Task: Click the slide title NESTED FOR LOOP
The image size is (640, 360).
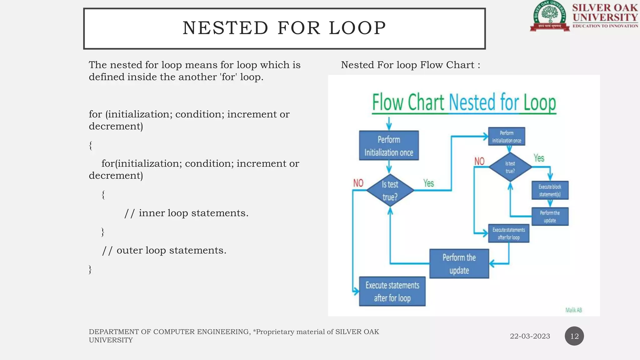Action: pyautogui.click(x=284, y=28)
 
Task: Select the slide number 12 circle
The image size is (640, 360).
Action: pyautogui.click(x=574, y=336)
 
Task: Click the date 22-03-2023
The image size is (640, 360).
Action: pyautogui.click(x=530, y=336)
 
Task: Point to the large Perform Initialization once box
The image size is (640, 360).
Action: pyautogui.click(x=389, y=146)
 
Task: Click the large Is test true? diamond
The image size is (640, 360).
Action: pyautogui.click(x=390, y=190)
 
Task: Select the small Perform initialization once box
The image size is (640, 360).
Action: pyautogui.click(x=507, y=137)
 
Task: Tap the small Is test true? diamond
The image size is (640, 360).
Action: pyautogui.click(x=510, y=167)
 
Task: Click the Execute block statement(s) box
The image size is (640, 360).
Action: pyautogui.click(x=550, y=190)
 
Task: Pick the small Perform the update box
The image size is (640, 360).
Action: pyautogui.click(x=550, y=217)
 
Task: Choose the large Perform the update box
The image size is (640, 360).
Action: pyautogui.click(x=459, y=264)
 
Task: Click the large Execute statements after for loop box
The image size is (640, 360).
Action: pyautogui.click(x=392, y=291)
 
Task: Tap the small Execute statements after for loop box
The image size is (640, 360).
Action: pyautogui.click(x=508, y=233)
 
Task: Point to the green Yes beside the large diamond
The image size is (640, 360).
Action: pyautogui.click(x=428, y=183)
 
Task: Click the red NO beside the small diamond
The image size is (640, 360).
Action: pyautogui.click(x=479, y=161)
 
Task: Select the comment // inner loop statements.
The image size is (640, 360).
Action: pyautogui.click(x=186, y=213)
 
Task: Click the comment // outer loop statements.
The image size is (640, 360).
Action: pyautogui.click(x=164, y=250)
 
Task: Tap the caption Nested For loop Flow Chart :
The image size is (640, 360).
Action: pyautogui.click(x=410, y=65)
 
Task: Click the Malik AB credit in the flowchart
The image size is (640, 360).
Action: pyautogui.click(x=573, y=310)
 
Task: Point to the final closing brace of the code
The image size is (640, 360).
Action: pyautogui.click(x=90, y=269)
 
